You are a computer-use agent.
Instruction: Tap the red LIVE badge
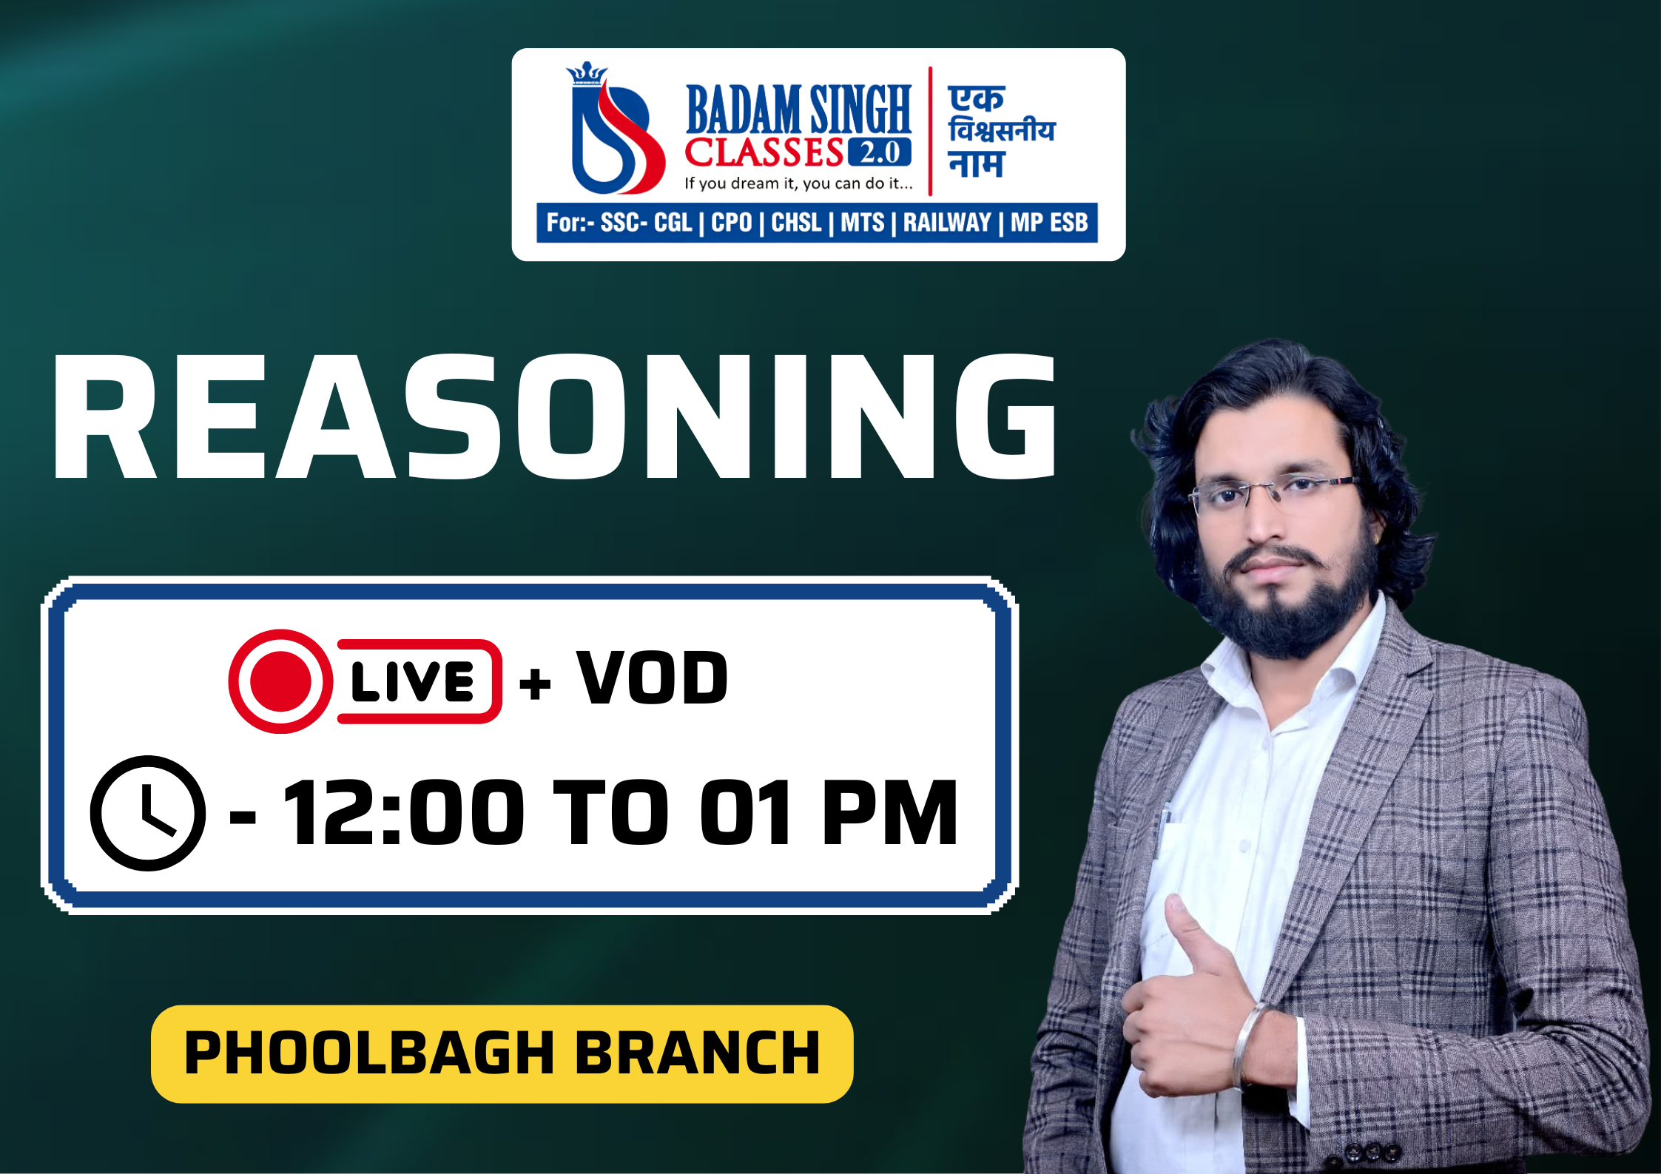[x=418, y=681]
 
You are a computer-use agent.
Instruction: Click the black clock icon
[x=148, y=813]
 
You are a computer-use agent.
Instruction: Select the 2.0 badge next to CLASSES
[x=880, y=152]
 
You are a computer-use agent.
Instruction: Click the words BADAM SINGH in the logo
[x=798, y=109]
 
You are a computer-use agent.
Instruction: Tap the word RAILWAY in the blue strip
[x=946, y=223]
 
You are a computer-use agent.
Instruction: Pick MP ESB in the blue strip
[x=1049, y=223]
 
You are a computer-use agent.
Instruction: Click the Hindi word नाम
[x=976, y=164]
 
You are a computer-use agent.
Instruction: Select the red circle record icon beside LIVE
[x=280, y=681]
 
